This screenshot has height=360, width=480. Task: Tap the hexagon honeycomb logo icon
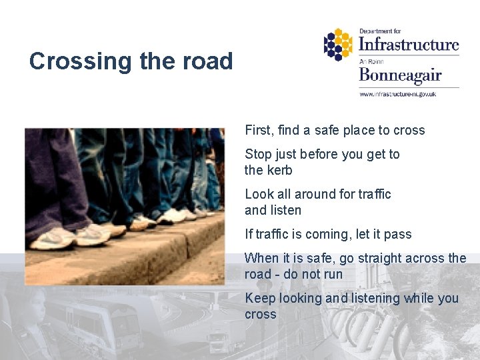[338, 45]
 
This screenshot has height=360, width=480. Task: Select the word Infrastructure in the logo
[409, 45]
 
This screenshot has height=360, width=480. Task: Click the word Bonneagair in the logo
[400, 75]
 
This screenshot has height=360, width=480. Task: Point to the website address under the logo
[397, 94]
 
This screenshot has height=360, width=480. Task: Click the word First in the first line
[258, 130]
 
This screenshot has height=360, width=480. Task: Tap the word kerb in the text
[279, 170]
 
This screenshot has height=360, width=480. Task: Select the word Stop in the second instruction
[257, 154]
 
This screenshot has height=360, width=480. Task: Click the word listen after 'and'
[286, 210]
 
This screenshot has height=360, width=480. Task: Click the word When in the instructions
[261, 258]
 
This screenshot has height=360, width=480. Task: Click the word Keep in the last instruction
[259, 298]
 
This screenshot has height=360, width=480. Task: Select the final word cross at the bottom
[260, 314]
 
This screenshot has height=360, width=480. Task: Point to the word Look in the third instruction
[258, 194]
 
